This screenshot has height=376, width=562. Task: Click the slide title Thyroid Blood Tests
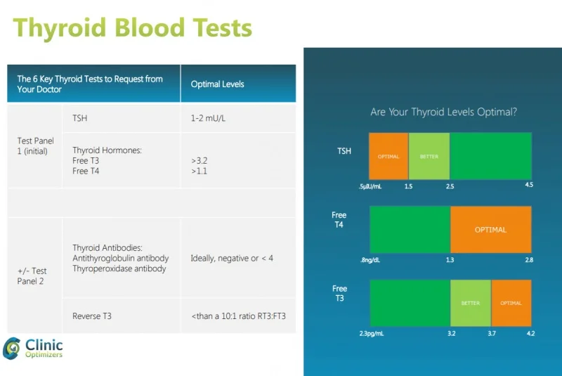tap(133, 28)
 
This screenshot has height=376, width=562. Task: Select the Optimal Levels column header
tap(217, 84)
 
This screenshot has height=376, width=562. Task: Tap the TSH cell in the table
tap(80, 118)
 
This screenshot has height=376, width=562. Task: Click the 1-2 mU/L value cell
tap(209, 118)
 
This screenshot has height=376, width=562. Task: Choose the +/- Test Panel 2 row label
tap(32, 275)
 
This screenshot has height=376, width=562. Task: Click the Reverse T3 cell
tap(92, 316)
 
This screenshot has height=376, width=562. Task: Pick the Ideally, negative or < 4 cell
tap(232, 259)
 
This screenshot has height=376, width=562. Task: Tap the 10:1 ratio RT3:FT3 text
tap(239, 316)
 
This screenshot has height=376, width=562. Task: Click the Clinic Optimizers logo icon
tap(12, 348)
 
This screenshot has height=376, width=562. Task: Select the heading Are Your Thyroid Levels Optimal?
tap(443, 112)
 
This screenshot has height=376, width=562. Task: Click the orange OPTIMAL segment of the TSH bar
tap(388, 156)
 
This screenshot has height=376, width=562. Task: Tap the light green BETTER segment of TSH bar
tap(429, 156)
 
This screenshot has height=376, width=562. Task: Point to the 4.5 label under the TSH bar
tap(529, 186)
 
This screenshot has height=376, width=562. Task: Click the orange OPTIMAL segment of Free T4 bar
tap(490, 229)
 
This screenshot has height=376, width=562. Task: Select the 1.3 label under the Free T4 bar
tap(450, 260)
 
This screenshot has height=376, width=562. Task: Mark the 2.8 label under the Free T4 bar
tap(528, 260)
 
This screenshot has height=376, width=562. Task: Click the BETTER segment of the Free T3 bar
tap(470, 303)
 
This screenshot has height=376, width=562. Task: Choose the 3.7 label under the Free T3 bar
tap(492, 334)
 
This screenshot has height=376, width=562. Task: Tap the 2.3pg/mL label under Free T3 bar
tap(372, 334)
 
